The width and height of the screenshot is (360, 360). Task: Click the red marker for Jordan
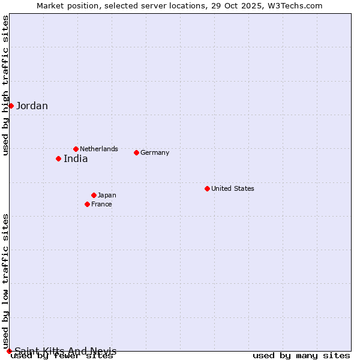11,106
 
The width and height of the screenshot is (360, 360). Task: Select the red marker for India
58,158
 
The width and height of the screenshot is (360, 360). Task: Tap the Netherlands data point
76,149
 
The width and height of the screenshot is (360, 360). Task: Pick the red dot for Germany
136,152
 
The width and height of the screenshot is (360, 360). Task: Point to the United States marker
207,188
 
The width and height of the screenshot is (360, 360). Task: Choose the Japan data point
94,195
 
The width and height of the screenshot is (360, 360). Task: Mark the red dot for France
87,204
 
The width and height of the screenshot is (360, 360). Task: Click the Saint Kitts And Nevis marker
9,351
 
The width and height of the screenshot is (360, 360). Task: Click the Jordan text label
32,106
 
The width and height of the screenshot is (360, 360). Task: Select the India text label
76,159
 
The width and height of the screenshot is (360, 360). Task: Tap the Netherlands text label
99,149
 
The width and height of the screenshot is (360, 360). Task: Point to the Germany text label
155,152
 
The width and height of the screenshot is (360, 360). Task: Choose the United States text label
233,188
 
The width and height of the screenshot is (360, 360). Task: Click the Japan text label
107,195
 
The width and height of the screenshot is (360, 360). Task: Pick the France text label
101,204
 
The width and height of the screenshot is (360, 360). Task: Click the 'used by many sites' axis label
301,356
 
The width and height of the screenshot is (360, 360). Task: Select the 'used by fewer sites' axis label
62,356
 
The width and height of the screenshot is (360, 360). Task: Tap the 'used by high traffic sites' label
5,85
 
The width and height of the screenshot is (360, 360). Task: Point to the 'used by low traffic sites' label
5,281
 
